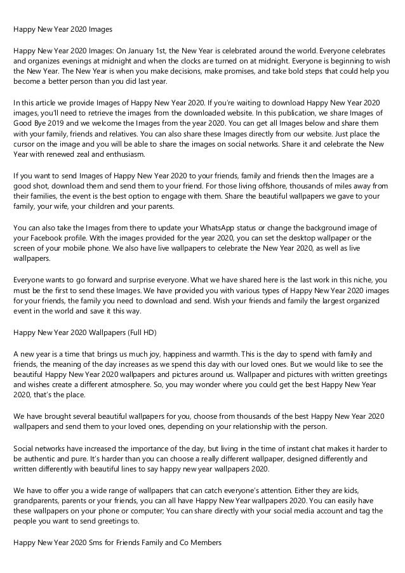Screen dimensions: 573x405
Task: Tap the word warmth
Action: [x=213, y=353]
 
